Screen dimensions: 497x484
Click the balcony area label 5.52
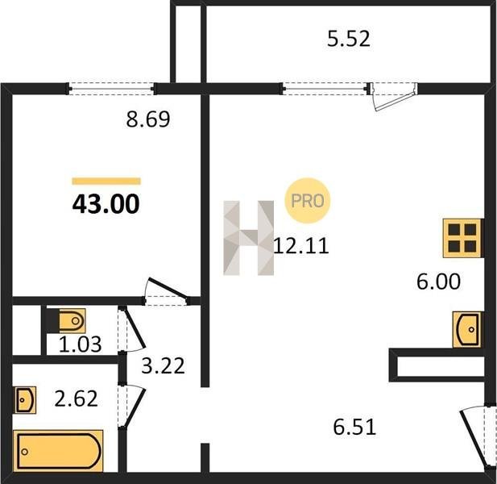pos(348,39)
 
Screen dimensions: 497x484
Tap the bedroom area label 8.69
pos(148,119)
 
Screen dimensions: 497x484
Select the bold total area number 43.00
pos(106,204)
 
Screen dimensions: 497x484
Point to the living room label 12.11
pos(301,246)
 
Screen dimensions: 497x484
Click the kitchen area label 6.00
pos(438,282)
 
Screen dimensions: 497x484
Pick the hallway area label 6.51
pos(354,427)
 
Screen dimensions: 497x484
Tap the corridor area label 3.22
pos(163,365)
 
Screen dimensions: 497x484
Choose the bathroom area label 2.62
pos(76,399)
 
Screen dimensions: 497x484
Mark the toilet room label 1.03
pos(81,344)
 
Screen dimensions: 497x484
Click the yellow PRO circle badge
pos(308,201)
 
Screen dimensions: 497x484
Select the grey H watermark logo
pos(248,238)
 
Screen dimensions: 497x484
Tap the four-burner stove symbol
pos(462,238)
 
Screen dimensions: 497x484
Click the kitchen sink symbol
pos(466,329)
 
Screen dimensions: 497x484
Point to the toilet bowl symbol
pos(69,321)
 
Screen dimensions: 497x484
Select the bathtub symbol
pos(58,452)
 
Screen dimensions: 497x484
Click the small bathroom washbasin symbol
pos(25,400)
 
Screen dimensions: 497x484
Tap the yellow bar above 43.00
pos(106,181)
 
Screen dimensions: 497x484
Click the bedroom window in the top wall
pos(111,89)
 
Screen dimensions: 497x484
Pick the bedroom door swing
pos(165,291)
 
